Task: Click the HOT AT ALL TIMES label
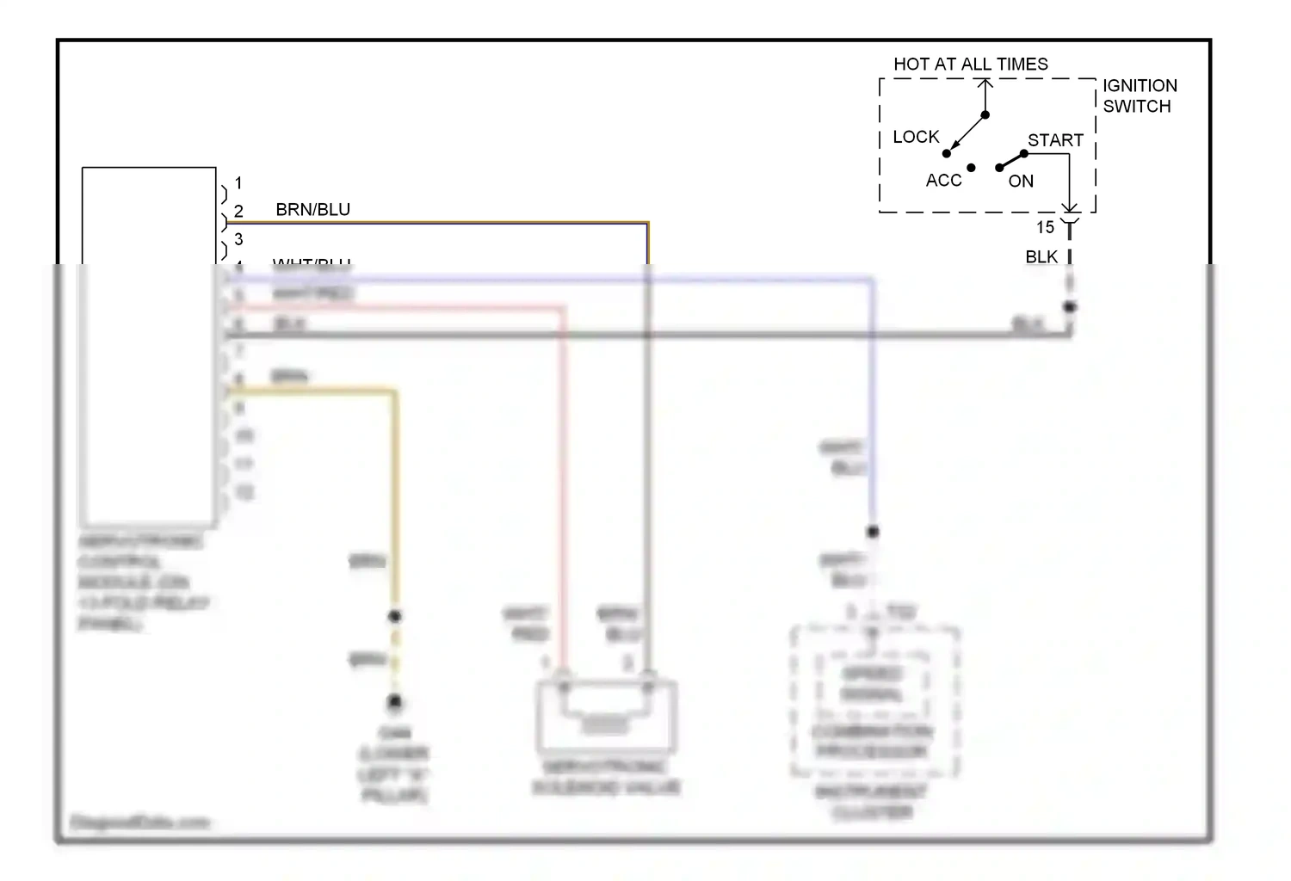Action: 970,65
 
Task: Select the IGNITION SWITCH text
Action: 1139,95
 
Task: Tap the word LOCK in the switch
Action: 916,137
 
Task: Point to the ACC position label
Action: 943,180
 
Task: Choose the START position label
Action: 1055,140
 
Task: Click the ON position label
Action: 1021,181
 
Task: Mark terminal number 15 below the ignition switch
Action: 1045,227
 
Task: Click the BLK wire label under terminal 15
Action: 1041,256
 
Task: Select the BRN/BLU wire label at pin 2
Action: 312,209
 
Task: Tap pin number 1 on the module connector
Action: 238,182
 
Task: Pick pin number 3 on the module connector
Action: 238,238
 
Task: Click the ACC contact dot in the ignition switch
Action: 971,168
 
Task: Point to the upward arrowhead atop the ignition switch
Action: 985,83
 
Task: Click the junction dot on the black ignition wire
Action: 1070,307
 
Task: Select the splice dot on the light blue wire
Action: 872,532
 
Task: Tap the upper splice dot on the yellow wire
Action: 395,616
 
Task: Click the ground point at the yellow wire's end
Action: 395,702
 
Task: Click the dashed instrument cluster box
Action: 874,701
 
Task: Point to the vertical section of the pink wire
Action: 563,482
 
